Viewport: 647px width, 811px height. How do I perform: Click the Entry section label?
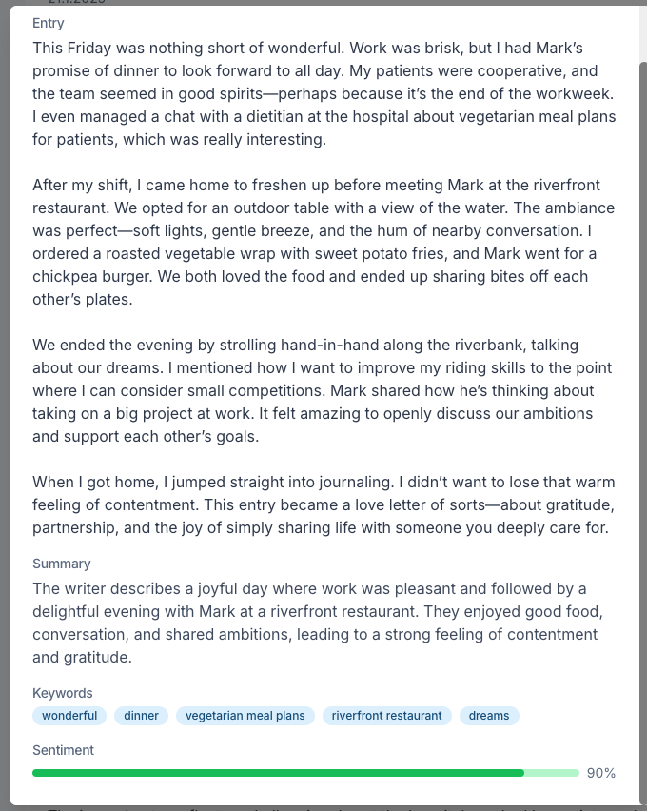[49, 23]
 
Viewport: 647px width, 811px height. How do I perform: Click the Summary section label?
[62, 564]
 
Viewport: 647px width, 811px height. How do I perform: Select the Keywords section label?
[63, 693]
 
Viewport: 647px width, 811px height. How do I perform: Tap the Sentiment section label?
[63, 750]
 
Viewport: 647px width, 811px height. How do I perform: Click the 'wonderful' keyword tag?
[69, 716]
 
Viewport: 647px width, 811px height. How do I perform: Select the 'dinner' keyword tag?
[142, 716]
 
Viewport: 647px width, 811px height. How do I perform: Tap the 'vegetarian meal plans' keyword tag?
[245, 716]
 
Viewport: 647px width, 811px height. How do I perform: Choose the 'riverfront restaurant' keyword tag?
[387, 716]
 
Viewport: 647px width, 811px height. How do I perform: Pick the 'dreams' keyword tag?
[489, 716]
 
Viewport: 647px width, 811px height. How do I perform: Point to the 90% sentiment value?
[601, 773]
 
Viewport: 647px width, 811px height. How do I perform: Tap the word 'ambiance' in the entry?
[581, 208]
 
